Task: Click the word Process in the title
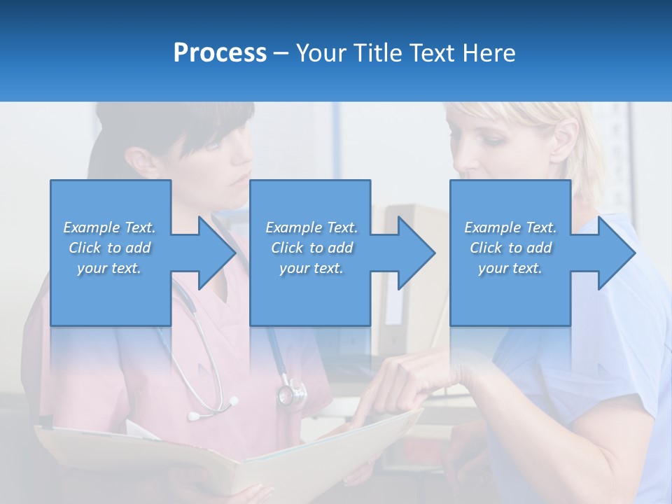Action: pos(220,53)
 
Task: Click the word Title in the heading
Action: pos(379,53)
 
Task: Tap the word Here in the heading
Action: pos(489,53)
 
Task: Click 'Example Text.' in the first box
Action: pos(109,227)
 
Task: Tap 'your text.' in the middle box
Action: pos(311,268)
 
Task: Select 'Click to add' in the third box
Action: pos(510,248)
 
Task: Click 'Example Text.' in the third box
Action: pos(510,227)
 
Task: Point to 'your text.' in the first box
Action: pos(109,268)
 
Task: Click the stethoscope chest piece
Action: pos(290,393)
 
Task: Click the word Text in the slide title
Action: pos(433,53)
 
